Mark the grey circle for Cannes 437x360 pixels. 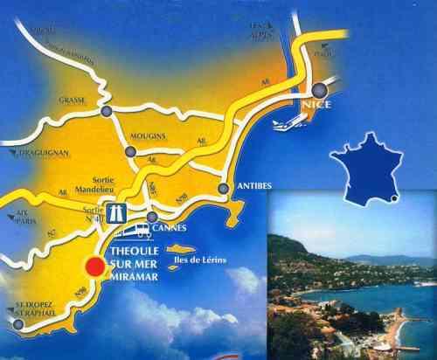point(153,217)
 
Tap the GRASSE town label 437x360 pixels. point(73,100)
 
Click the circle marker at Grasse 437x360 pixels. point(107,112)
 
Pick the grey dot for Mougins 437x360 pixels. point(130,151)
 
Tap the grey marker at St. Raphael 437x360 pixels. point(17,324)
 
